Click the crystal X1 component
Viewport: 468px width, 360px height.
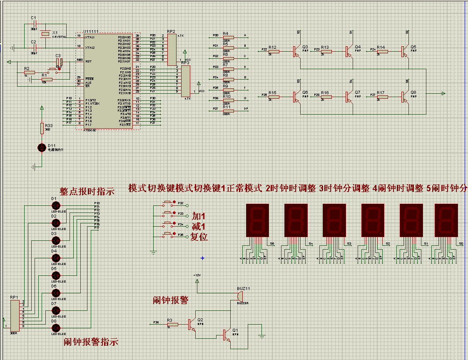[47, 34]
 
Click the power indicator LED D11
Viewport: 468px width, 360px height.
[42, 147]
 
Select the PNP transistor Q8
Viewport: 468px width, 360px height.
[404, 97]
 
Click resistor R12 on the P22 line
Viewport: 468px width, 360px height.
[273, 51]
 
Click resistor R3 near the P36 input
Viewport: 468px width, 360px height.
[172, 324]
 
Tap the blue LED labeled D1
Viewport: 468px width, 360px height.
[56, 205]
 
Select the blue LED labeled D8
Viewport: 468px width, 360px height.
[56, 327]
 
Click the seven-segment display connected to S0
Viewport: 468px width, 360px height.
[446, 220]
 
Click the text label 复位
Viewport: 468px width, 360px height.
[199, 237]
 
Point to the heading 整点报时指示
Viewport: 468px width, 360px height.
[87, 192]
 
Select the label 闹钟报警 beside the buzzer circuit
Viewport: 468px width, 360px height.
[171, 300]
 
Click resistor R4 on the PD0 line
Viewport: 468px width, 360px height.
[228, 37]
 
